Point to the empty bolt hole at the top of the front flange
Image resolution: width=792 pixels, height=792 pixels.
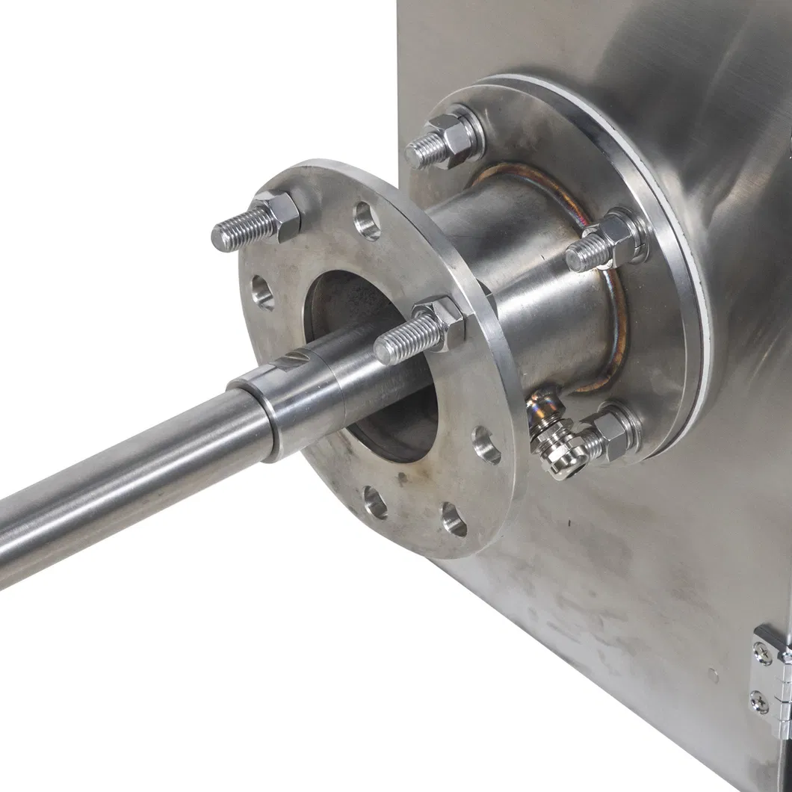click(366, 220)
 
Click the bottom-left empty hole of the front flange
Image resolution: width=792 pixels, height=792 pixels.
click(375, 502)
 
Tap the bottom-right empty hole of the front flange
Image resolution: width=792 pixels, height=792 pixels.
click(454, 519)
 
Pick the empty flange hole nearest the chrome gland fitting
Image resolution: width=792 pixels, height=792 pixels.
click(486, 445)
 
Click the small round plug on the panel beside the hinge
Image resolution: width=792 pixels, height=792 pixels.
click(714, 677)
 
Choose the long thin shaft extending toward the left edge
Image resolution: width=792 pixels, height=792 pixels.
click(112, 486)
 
